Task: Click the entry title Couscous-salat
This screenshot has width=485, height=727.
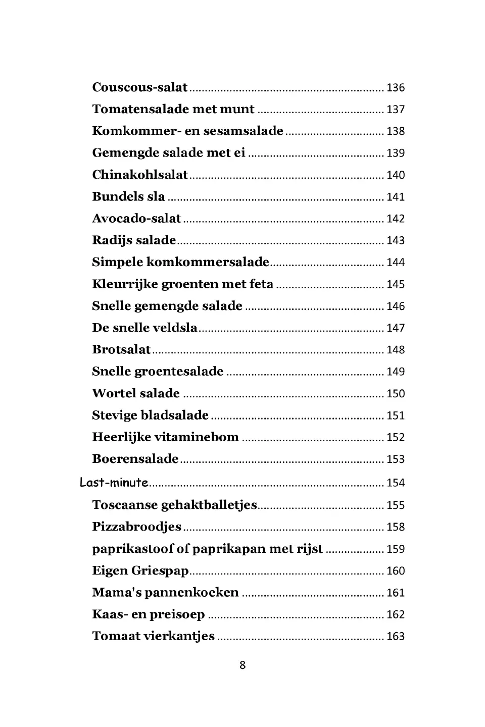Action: coord(139,87)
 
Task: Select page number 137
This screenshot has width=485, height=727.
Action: coord(396,110)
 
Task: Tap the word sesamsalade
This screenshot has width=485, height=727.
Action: coord(243,131)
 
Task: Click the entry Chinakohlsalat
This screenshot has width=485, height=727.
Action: coord(139,175)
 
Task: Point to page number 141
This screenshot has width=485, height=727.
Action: coord(396,197)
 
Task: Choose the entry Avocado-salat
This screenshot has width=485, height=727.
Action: coord(136,219)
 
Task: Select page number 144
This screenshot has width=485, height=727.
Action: coord(396,263)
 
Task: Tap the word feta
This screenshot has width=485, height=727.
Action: coord(262,284)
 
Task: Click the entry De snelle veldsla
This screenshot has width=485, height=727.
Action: coord(144,328)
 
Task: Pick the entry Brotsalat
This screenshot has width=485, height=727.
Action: coord(121,349)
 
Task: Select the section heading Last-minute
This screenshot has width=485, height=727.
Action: coord(114,483)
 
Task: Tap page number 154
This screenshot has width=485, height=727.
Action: coord(396,483)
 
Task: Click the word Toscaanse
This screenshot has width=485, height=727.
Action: coord(124,505)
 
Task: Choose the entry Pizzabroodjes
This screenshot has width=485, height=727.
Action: coord(136,527)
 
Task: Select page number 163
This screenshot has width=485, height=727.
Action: coord(396,636)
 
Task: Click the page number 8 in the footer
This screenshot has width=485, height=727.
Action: coord(243,665)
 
